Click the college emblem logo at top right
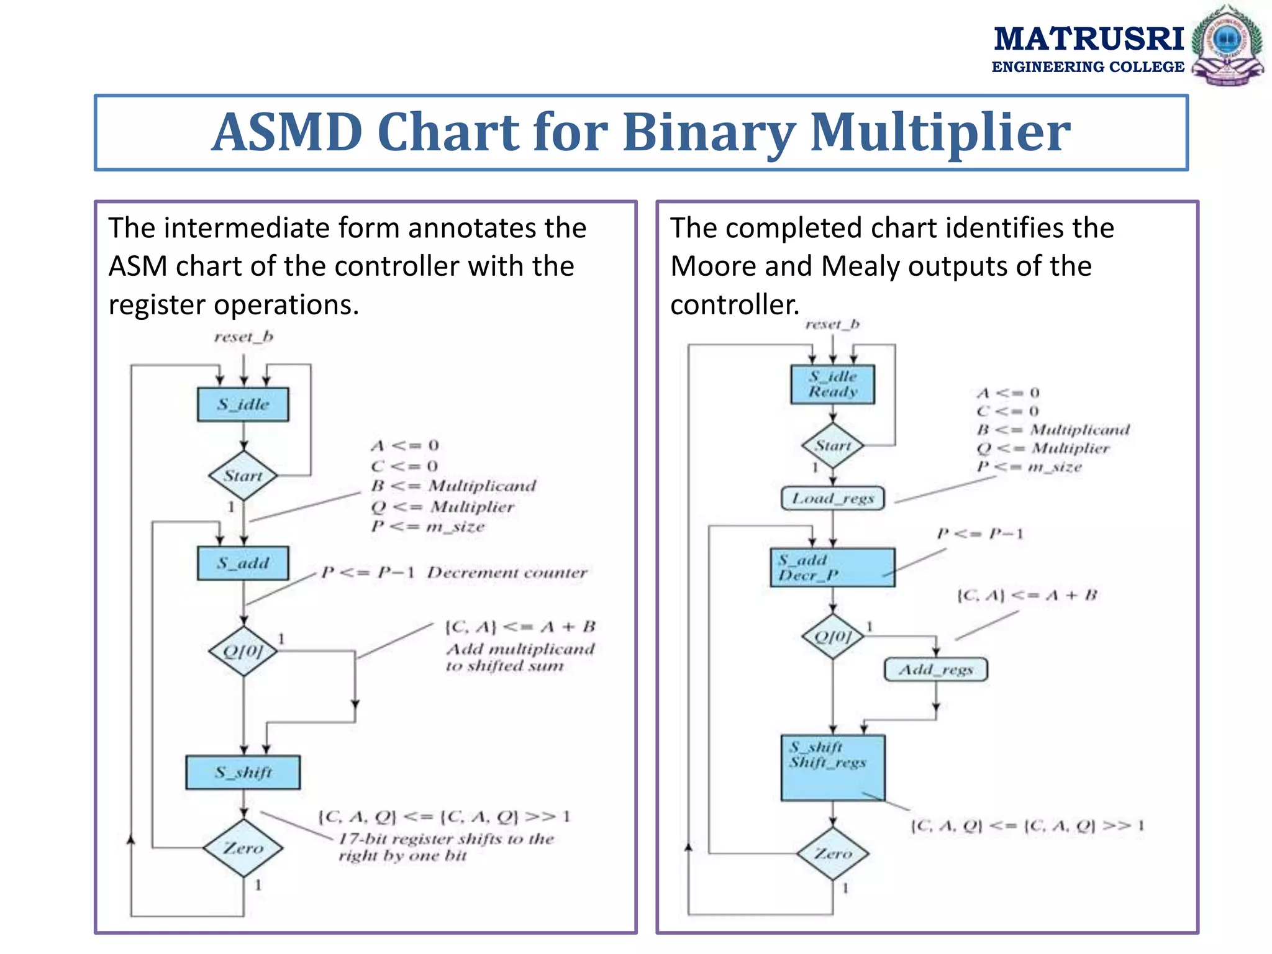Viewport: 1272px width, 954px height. [1227, 45]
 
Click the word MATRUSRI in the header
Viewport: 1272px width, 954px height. [1088, 39]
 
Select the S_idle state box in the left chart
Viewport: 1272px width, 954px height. [243, 404]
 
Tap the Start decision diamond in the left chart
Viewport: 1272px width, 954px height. [243, 476]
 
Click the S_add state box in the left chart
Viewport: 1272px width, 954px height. [243, 563]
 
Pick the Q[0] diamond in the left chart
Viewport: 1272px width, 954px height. [243, 651]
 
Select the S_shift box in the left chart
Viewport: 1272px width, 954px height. [243, 772]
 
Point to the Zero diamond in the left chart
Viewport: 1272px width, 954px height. [243, 848]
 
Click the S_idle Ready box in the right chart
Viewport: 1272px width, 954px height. [832, 384]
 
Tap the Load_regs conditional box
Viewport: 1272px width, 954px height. [832, 498]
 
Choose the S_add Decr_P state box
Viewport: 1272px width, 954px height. [832, 567]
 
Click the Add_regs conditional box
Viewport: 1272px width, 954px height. [935, 670]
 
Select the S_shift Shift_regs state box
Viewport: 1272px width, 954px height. [832, 768]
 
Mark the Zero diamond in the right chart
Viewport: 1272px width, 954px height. [832, 853]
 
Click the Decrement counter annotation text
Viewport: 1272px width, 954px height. [506, 573]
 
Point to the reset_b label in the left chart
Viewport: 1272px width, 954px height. [243, 337]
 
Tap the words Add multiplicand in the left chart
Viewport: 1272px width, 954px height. [520, 649]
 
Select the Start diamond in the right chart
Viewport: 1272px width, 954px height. [832, 445]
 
